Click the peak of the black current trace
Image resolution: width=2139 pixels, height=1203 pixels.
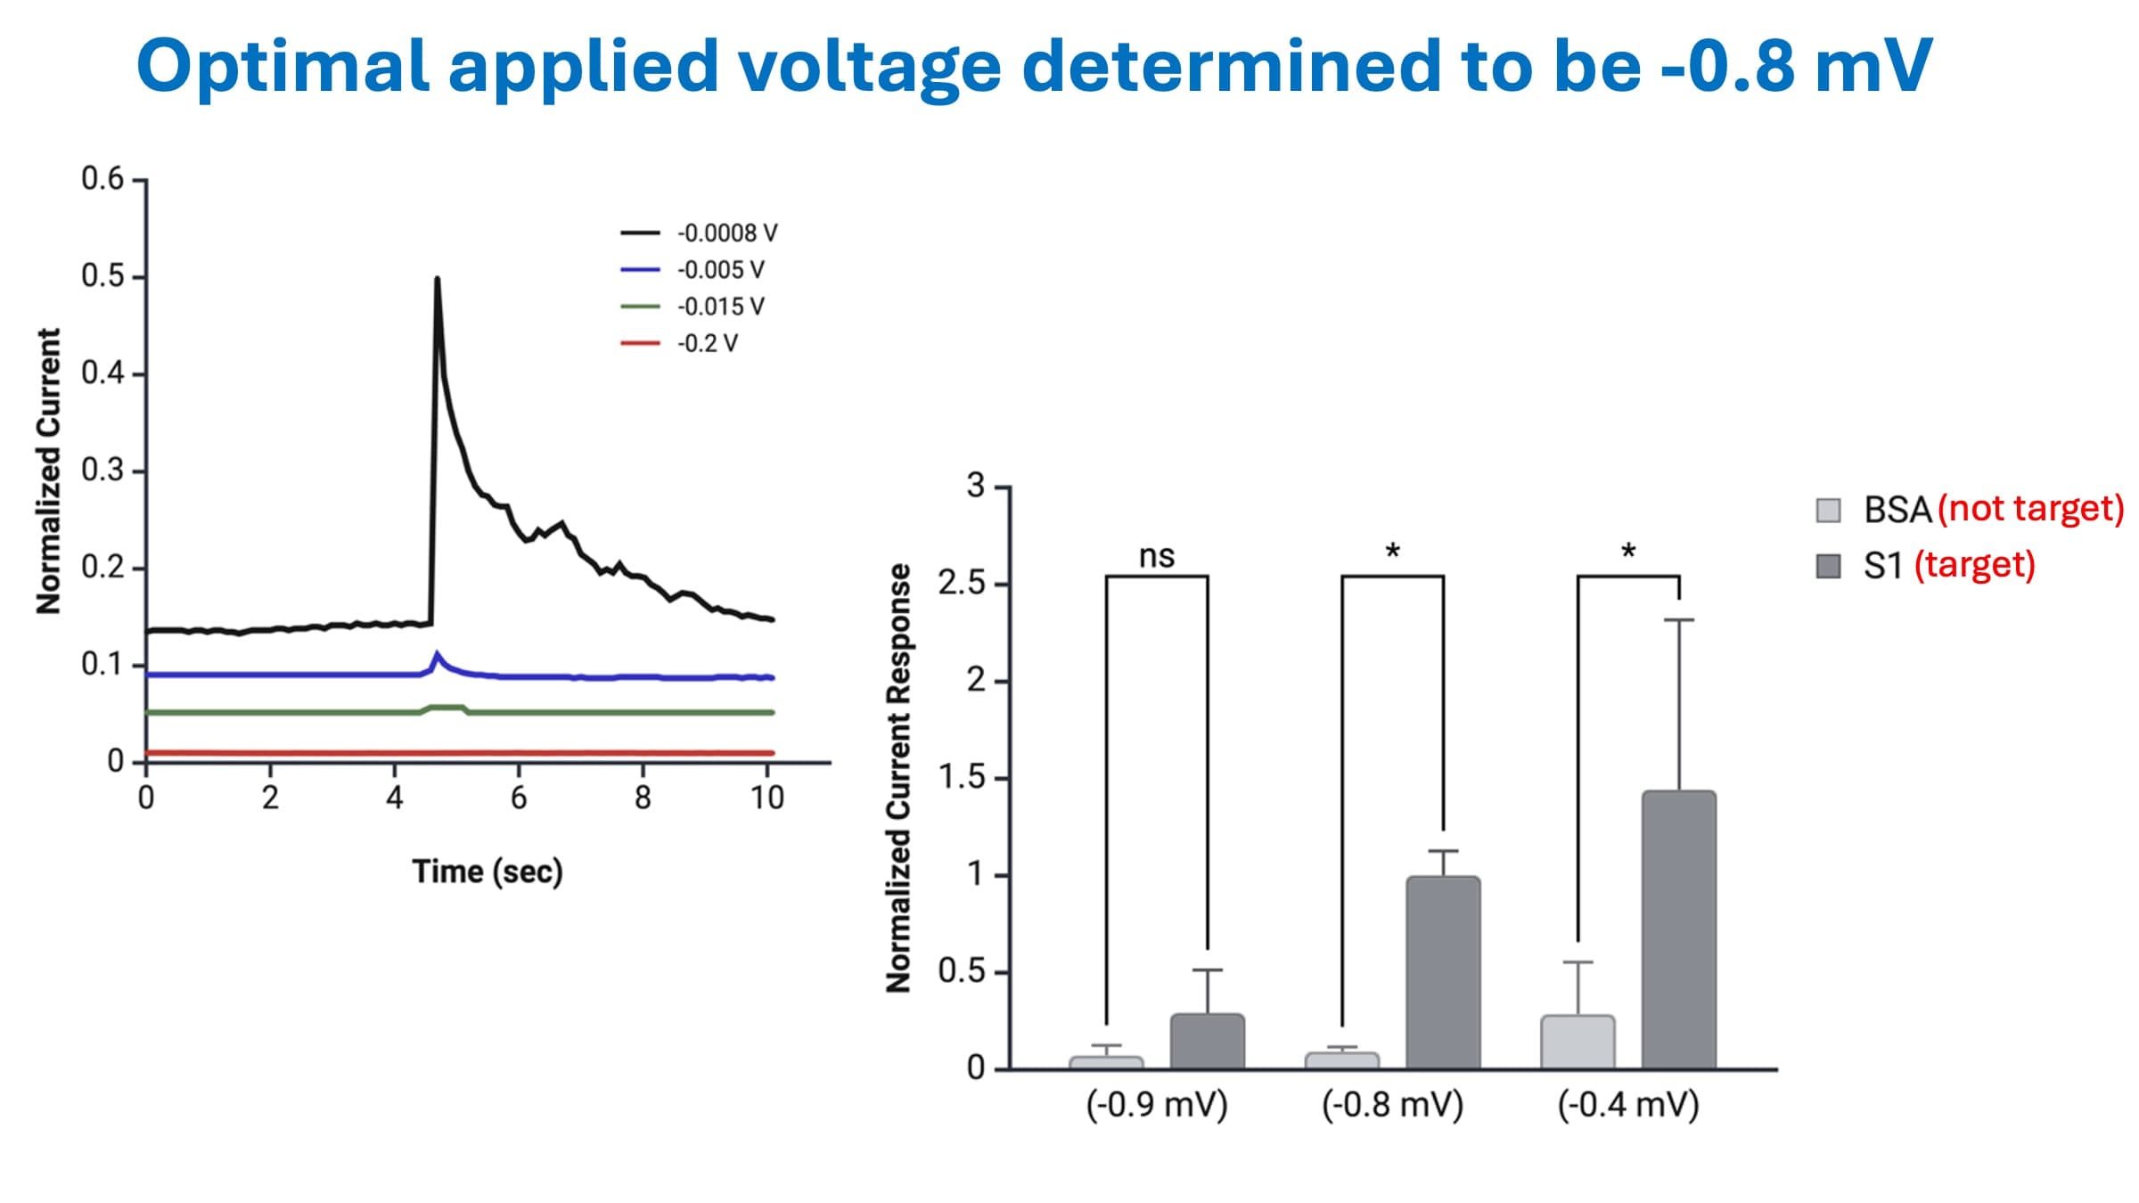click(437, 280)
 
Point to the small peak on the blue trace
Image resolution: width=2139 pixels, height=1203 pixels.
click(437, 655)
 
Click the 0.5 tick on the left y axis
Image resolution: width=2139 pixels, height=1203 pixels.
click(102, 276)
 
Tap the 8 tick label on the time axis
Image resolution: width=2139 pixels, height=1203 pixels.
click(643, 798)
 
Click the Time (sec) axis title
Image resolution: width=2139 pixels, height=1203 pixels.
click(487, 872)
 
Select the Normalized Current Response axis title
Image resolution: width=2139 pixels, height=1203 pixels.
click(898, 778)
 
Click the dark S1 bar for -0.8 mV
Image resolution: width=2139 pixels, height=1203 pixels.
click(1443, 972)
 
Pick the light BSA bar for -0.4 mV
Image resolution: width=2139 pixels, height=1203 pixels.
click(1578, 1042)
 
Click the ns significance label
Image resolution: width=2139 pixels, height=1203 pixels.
click(1157, 557)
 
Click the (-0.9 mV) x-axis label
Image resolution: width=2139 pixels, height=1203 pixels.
click(1157, 1105)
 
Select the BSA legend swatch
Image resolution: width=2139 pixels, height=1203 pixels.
click(1828, 511)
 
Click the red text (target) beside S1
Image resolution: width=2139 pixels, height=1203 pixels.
click(1974, 565)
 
